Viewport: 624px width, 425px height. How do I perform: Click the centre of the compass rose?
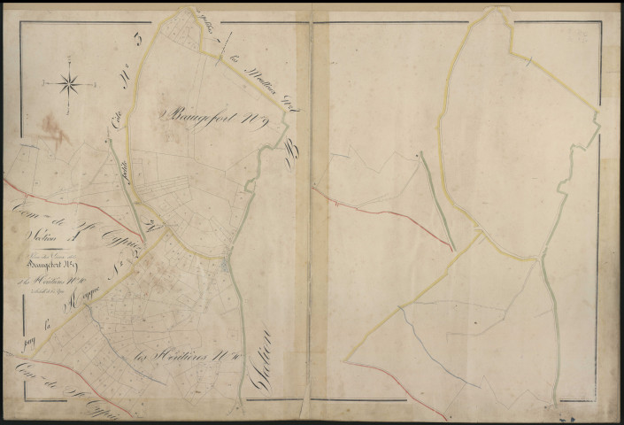70,85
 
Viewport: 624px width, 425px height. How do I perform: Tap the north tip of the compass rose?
70,71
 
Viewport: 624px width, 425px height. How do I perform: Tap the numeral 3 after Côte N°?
136,40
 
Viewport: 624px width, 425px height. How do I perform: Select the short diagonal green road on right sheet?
436,200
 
